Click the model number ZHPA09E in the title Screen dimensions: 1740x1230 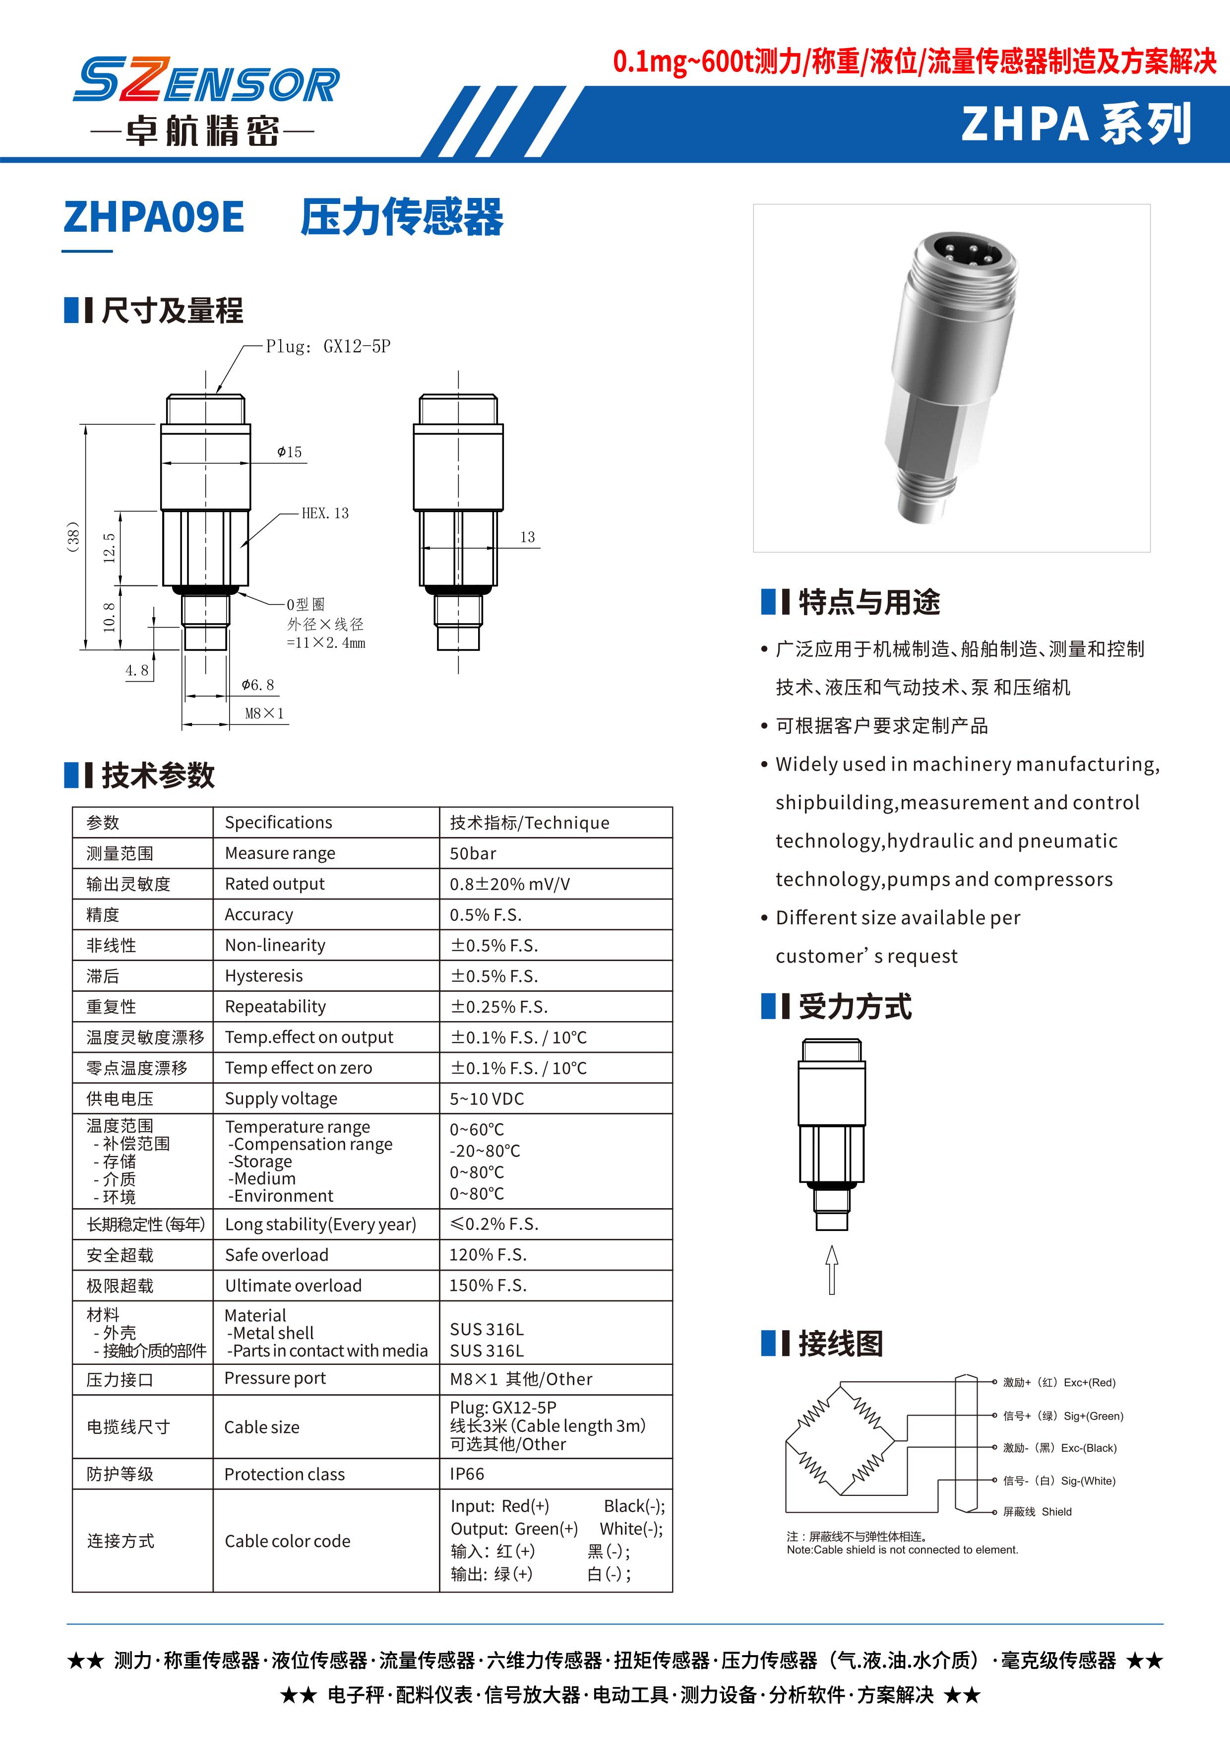point(154,217)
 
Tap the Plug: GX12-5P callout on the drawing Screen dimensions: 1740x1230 point(327,346)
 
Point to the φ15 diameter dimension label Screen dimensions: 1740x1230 point(289,452)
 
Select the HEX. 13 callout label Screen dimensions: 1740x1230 point(325,513)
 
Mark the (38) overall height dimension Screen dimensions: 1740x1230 point(73,536)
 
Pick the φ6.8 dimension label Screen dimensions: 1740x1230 point(257,685)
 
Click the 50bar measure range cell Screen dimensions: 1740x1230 point(473,853)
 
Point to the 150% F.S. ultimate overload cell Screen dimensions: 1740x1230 point(487,1286)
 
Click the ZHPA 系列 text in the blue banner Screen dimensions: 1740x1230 point(1075,124)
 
